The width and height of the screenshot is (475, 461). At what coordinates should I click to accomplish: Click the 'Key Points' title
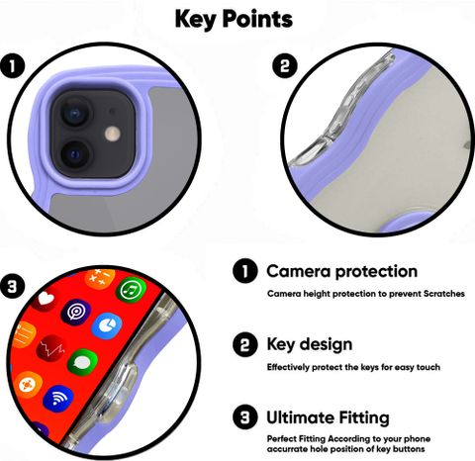point(234,19)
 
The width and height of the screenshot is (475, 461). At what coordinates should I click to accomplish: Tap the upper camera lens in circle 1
point(75,113)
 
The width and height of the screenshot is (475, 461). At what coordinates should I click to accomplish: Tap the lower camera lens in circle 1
point(75,154)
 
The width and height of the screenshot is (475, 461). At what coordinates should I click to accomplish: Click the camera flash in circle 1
point(113,135)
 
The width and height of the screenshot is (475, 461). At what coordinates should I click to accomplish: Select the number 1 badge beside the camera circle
point(13,66)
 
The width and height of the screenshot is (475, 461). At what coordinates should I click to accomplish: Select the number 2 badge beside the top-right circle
point(285,65)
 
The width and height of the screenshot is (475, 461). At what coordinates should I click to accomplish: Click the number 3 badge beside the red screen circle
point(13,287)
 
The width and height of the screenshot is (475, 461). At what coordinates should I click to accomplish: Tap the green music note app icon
point(131,290)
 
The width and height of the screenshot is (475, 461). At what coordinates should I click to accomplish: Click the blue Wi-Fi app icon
point(58,399)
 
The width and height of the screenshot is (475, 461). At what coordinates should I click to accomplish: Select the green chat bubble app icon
point(82,363)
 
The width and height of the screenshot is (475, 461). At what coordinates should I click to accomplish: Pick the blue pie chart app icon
point(107,326)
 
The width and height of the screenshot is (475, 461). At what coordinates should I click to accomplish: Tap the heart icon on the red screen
point(46,300)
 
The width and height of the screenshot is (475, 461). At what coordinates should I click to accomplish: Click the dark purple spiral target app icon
point(75,312)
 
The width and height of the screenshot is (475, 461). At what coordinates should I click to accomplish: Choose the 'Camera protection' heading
point(342,271)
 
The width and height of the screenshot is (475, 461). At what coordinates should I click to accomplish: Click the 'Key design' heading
point(310,344)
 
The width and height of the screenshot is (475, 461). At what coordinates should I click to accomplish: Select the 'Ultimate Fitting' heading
point(328,417)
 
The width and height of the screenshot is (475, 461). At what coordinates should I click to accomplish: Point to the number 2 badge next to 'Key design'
point(245,345)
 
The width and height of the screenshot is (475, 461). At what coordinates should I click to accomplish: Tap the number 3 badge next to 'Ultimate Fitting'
point(245,417)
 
